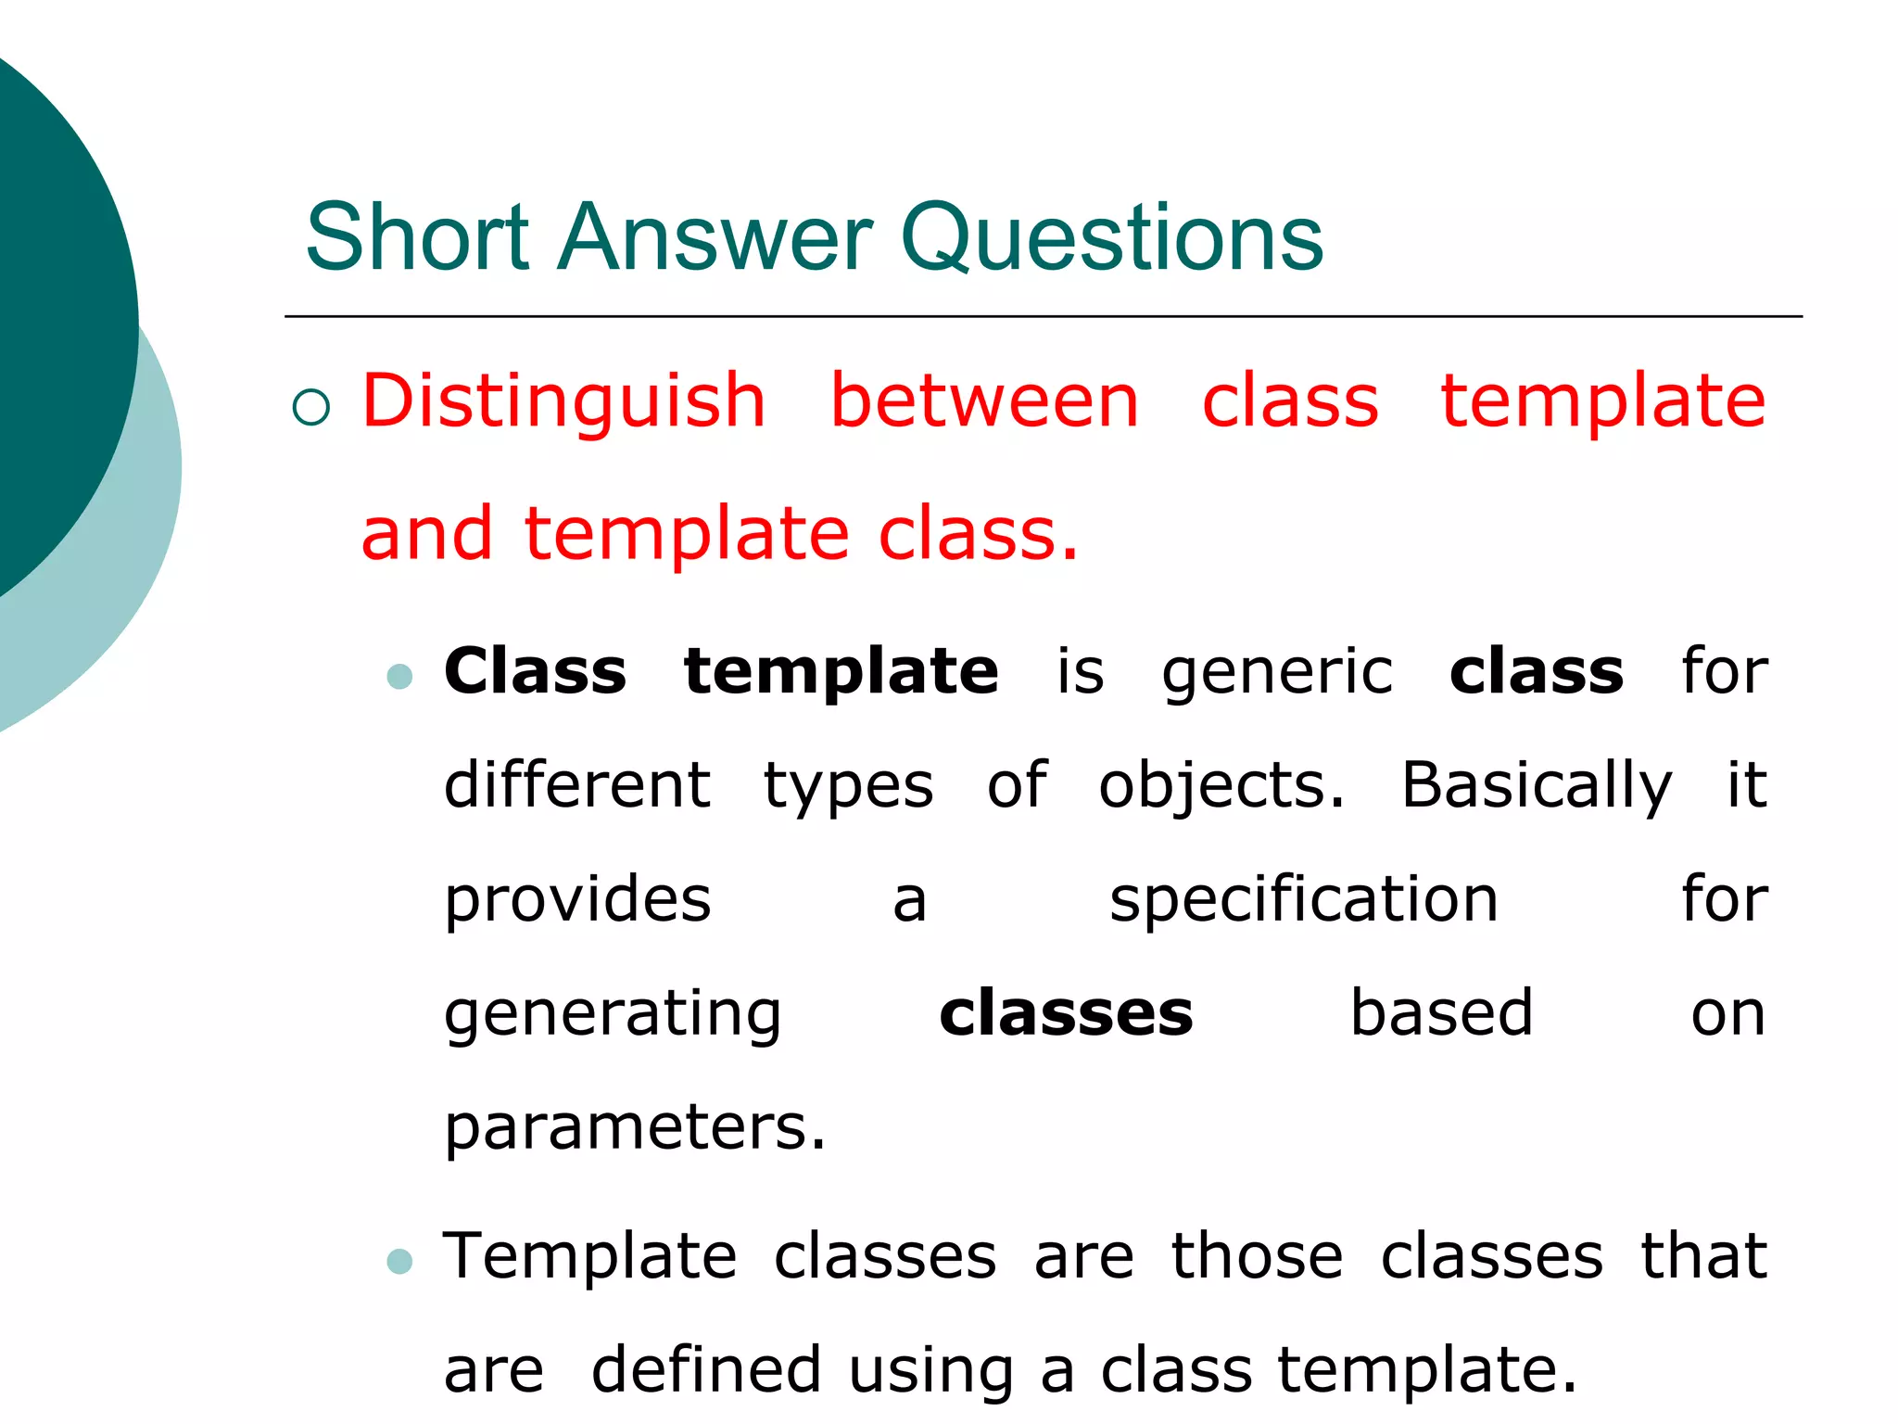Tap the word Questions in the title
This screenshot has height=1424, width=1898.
1111,239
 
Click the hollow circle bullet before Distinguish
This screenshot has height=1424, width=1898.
310,407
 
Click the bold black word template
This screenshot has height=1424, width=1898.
841,672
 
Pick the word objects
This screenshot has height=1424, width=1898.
1221,787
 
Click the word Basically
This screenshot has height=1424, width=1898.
1536,787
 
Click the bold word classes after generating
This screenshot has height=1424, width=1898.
1066,1013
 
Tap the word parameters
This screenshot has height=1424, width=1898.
634,1129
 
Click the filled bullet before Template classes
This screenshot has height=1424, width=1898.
399,1262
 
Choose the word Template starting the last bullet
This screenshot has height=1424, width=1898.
590,1257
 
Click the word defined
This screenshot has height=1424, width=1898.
706,1369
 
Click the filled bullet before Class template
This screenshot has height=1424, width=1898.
399,676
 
